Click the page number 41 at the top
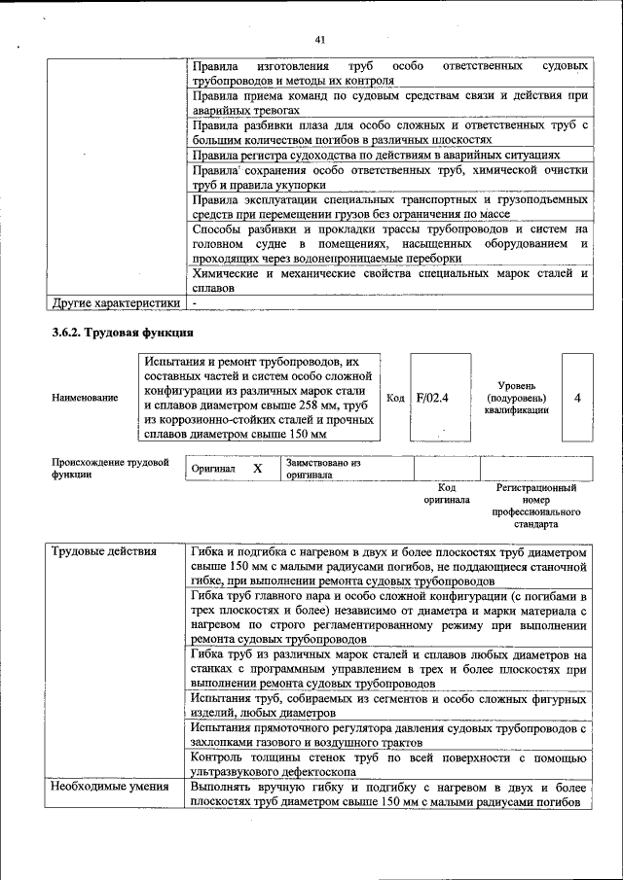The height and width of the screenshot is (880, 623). pyautogui.click(x=319, y=40)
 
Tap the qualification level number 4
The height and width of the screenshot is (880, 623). pyautogui.click(x=577, y=398)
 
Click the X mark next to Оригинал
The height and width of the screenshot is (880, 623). pyautogui.click(x=258, y=469)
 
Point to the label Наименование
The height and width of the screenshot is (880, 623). pyautogui.click(x=86, y=398)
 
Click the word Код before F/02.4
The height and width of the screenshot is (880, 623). pyautogui.click(x=396, y=398)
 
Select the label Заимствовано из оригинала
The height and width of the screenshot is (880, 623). pyautogui.click(x=323, y=469)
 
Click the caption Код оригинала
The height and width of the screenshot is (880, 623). pyautogui.click(x=447, y=493)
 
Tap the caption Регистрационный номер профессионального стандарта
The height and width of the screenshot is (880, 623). pyautogui.click(x=536, y=505)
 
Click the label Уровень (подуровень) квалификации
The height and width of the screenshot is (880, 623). pyautogui.click(x=516, y=398)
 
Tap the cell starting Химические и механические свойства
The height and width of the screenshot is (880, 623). pyautogui.click(x=388, y=281)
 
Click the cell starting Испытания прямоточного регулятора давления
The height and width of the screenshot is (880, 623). pyautogui.click(x=388, y=734)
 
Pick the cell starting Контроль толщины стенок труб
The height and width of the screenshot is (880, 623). pyautogui.click(x=388, y=764)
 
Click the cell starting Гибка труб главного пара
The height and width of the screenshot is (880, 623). pyautogui.click(x=388, y=617)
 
